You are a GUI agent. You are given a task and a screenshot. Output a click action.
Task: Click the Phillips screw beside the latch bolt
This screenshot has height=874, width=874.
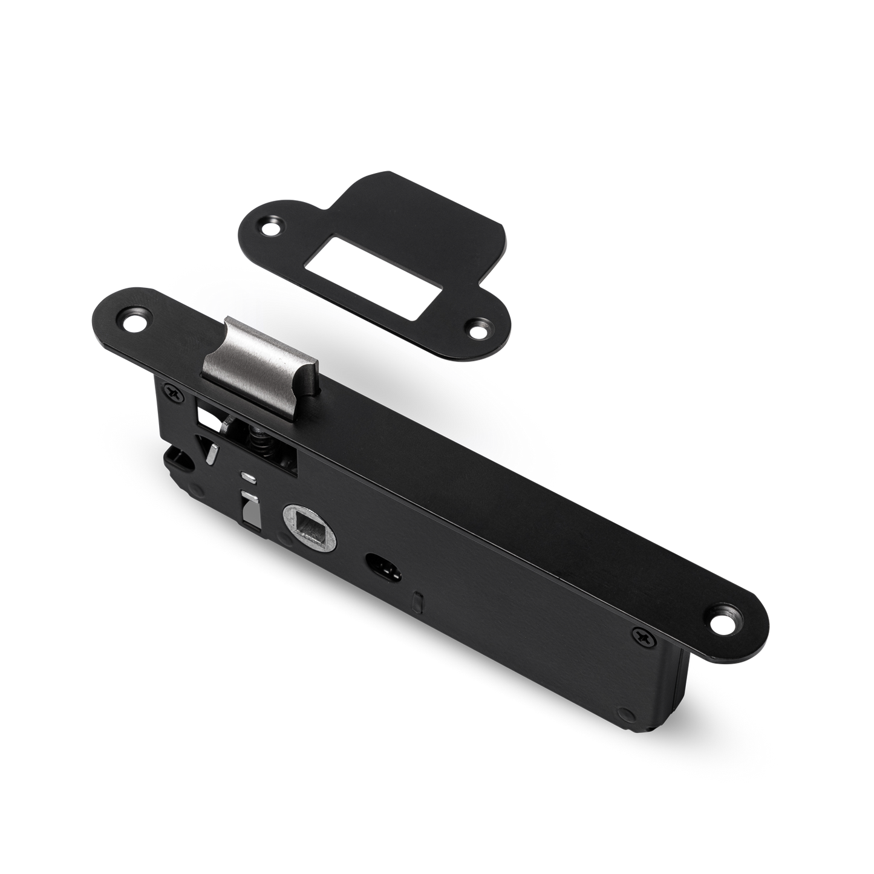tap(175, 394)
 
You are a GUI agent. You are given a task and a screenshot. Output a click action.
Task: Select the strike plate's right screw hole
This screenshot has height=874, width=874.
tap(479, 330)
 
